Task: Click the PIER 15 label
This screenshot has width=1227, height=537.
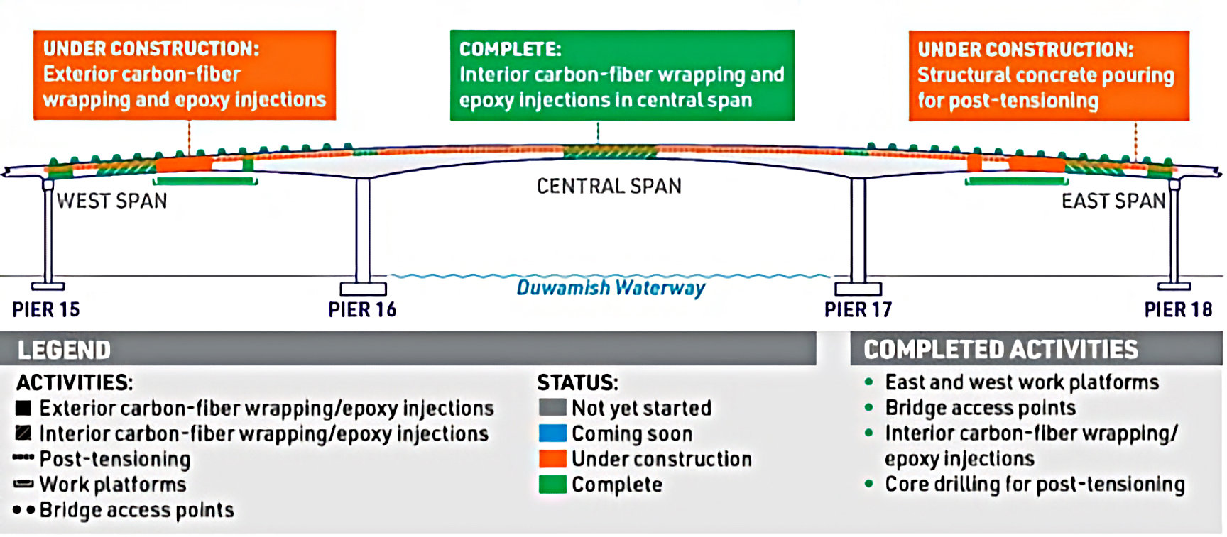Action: tap(46, 310)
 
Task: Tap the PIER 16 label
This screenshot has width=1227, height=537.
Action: tap(362, 310)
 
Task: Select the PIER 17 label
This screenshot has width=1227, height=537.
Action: tap(858, 310)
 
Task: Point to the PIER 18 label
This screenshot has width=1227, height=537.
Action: tap(1178, 310)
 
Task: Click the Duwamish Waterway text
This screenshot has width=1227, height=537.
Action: tap(611, 288)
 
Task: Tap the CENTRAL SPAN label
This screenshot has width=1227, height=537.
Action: tap(609, 187)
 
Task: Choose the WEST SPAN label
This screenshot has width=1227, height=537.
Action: tap(112, 201)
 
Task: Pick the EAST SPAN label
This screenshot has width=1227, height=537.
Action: tap(1113, 201)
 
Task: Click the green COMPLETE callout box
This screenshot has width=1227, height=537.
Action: tap(622, 75)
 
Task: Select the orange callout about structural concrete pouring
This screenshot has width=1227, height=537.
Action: tap(1049, 75)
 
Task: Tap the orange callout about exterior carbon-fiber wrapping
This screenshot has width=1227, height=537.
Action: tap(185, 75)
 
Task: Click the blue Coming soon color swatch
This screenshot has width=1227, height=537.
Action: tap(552, 433)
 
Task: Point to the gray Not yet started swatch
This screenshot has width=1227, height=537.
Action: tap(552, 408)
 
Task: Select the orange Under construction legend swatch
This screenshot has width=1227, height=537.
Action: tap(552, 459)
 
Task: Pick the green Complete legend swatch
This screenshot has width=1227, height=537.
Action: tap(552, 485)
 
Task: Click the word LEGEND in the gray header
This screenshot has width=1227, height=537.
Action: tap(64, 350)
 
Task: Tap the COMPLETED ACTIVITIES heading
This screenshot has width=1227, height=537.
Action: tap(1000, 350)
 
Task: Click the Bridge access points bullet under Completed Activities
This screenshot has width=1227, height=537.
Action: tap(980, 408)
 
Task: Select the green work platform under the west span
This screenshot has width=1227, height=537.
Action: tap(205, 182)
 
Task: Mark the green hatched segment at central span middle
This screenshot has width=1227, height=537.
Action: tap(611, 152)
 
